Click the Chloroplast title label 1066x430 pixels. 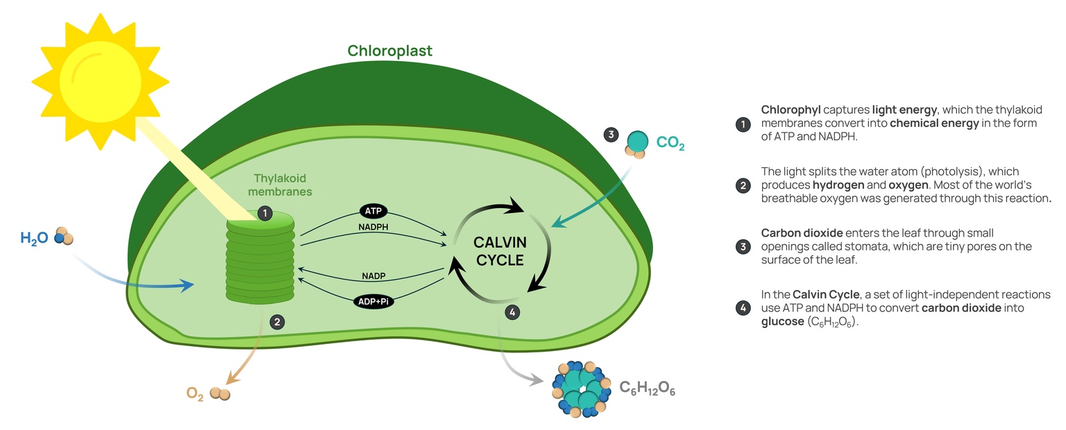click(389, 51)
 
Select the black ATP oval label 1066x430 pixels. click(374, 210)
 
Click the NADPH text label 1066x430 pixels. click(373, 227)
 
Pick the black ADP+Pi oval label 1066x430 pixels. click(373, 301)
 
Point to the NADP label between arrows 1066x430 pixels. click(373, 276)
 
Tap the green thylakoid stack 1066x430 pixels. click(261, 260)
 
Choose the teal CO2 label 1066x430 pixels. click(670, 144)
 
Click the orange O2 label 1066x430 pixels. click(195, 394)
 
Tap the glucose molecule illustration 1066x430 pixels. click(576, 388)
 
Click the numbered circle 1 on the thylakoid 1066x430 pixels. click(264, 213)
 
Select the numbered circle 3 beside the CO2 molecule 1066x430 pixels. click(611, 135)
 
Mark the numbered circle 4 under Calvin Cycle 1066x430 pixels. click(512, 313)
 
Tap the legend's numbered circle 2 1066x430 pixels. click(743, 185)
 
